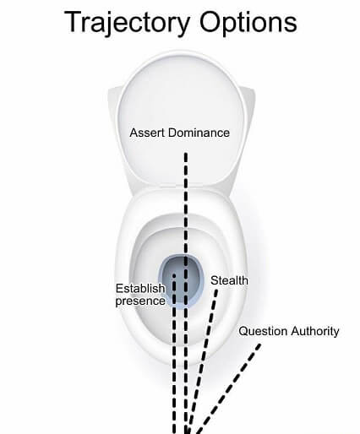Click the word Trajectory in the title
pos(128,23)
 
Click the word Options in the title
pos(248,23)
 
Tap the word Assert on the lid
pos(147,133)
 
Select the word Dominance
pos(199,133)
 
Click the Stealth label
pos(229,280)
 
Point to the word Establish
pos(140,288)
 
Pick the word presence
pos(140,301)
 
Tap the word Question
pos(263,331)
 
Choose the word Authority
pos(315,331)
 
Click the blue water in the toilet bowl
pos(181,280)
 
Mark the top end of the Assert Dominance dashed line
pos(186,154)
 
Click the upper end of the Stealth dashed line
pos(216,290)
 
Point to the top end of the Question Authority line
pos(259,344)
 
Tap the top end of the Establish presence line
pos(174,274)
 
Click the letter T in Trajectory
pos(73,22)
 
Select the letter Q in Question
pos(243,331)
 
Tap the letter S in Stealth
pos(215,280)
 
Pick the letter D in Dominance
pos(172,133)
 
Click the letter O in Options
pos(210,22)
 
